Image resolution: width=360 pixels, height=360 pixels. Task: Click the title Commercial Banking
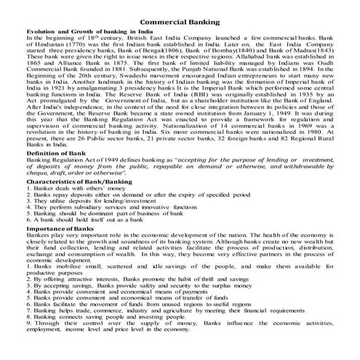click(x=180, y=23)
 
